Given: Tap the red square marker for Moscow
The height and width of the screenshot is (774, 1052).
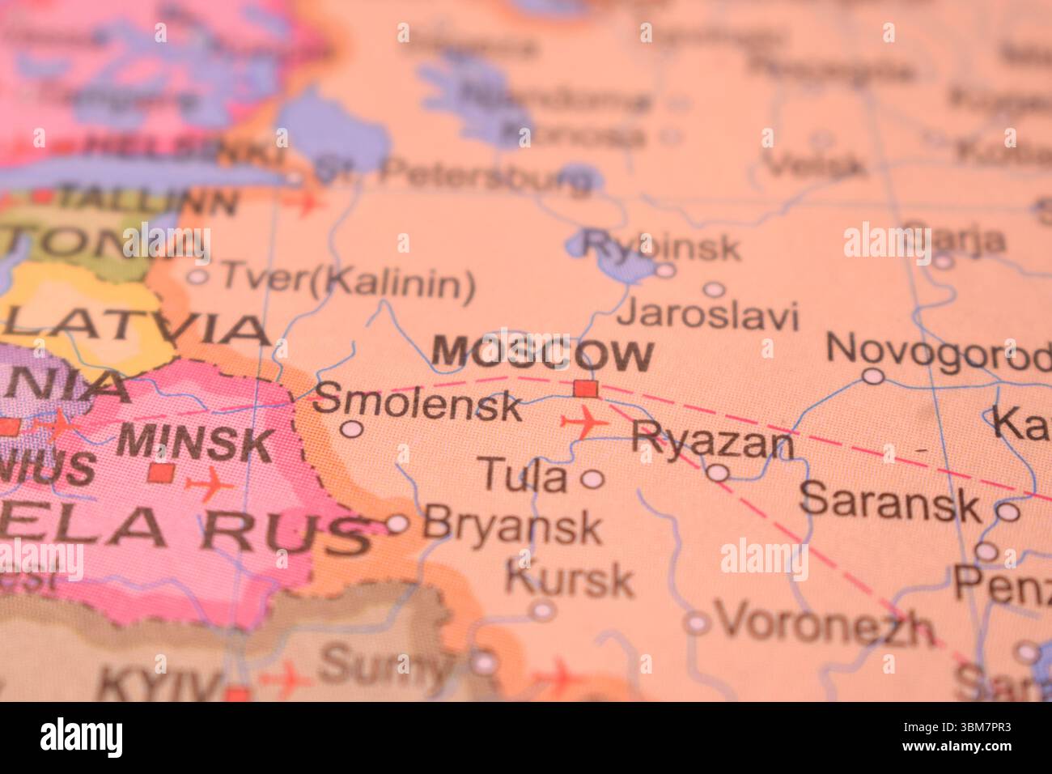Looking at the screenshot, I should (585, 389).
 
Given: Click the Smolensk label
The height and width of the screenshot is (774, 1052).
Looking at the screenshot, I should (417, 402).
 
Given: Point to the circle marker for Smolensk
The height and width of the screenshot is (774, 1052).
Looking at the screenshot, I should (350, 429).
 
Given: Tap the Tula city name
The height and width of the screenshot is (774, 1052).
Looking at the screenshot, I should (524, 475).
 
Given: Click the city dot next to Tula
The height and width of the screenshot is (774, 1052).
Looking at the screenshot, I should (593, 479).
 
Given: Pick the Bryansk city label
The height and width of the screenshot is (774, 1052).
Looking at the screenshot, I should (512, 525).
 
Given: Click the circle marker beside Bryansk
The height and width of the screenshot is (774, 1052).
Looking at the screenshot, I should (397, 524).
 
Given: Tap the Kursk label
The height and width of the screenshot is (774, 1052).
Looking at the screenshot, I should (570, 578).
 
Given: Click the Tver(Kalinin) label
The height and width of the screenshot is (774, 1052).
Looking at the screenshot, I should (347, 281).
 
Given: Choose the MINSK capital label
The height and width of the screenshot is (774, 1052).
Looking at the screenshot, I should (196, 443).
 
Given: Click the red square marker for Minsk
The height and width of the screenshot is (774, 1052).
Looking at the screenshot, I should (161, 472).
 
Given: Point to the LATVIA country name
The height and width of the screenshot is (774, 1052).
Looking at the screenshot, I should (135, 329).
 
